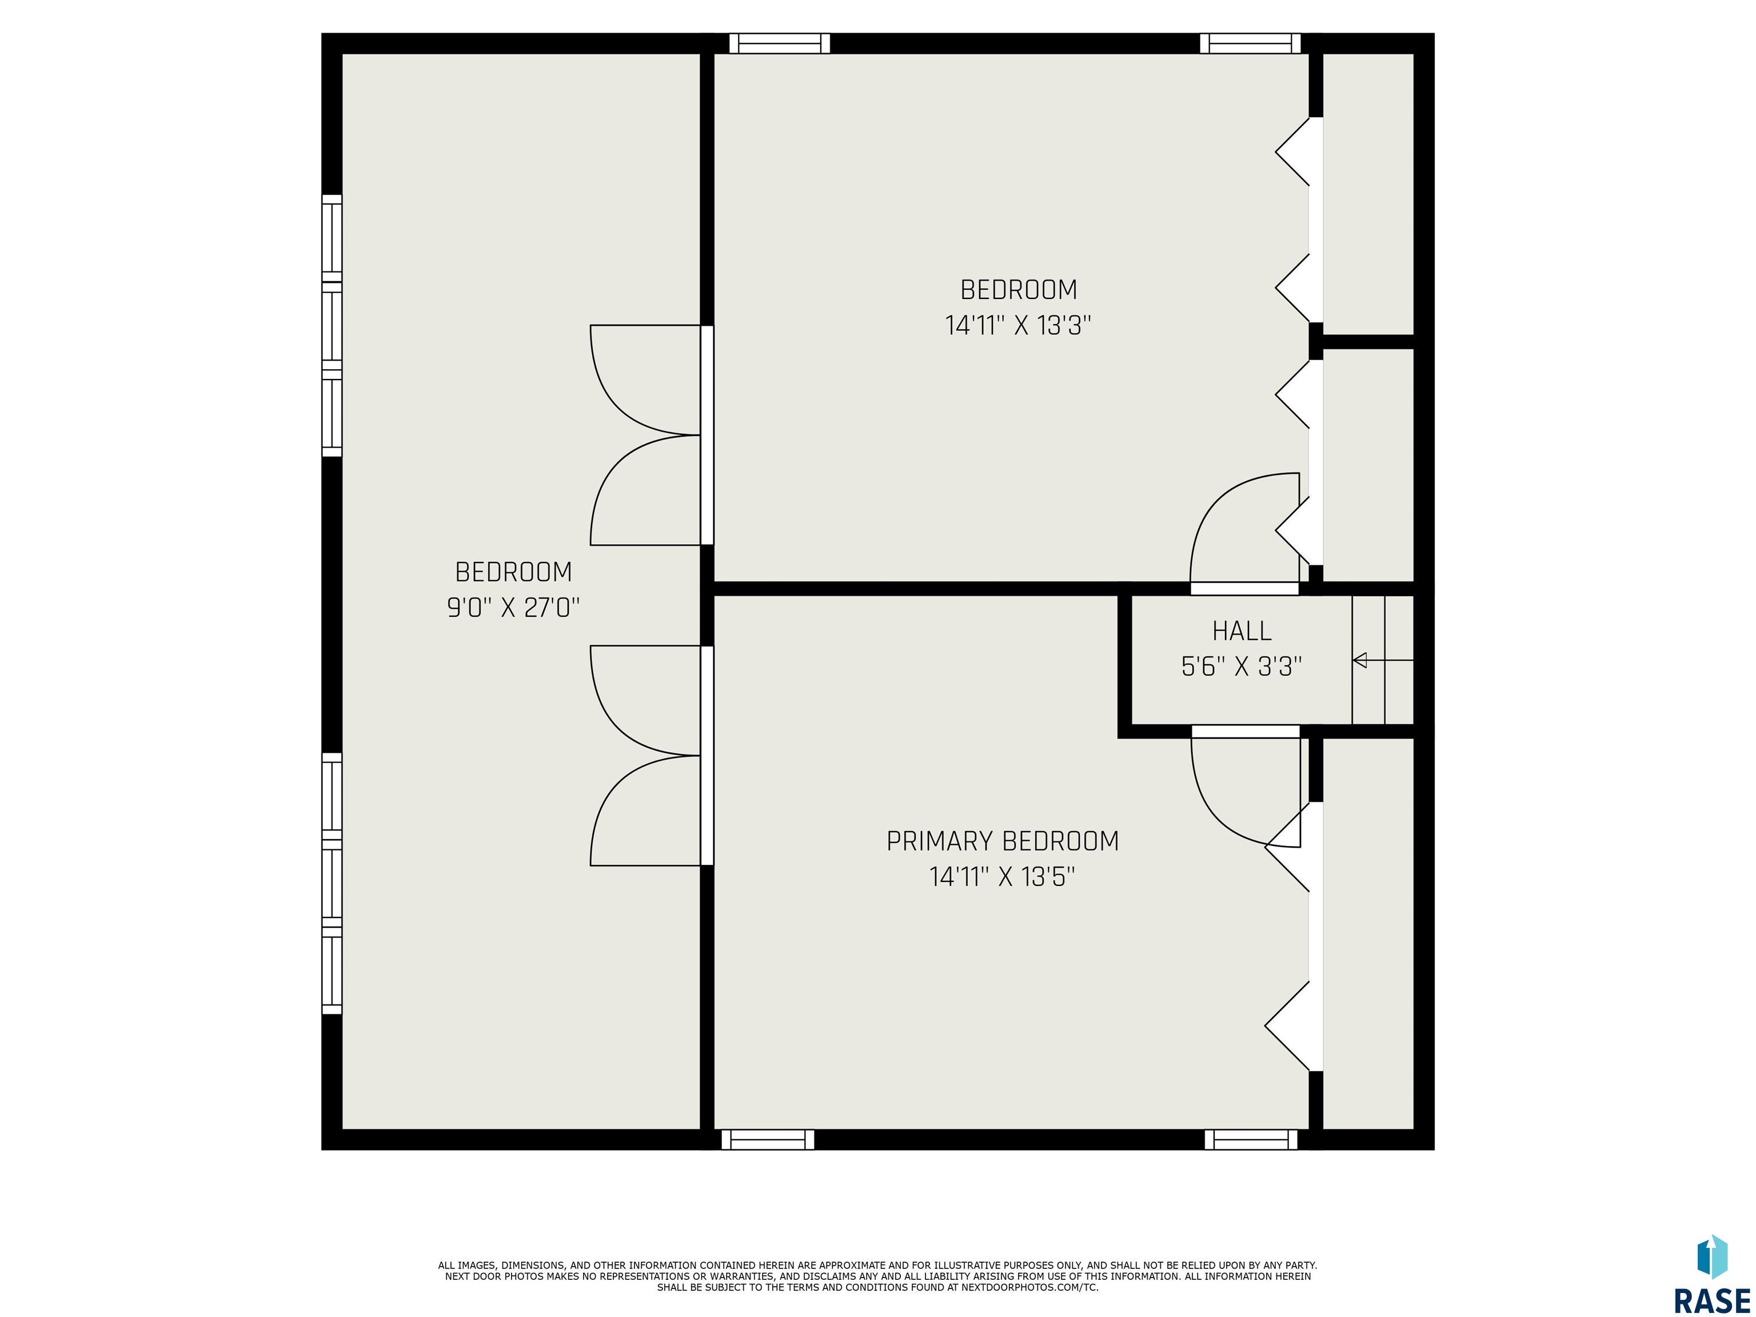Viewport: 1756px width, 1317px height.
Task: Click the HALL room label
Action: (x=1242, y=631)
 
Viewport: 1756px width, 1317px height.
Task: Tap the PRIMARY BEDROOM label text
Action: (x=1003, y=841)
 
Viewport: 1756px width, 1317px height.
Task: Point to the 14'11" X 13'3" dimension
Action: (x=1019, y=325)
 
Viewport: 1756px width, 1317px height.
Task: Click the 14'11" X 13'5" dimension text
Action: (x=1003, y=877)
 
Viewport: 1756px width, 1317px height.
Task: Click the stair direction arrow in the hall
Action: (x=1383, y=660)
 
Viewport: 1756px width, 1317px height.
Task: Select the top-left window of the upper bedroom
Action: (x=780, y=43)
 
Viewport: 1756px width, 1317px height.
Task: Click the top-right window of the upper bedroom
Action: (x=1250, y=43)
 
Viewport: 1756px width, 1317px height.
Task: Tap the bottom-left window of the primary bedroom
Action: (x=768, y=1140)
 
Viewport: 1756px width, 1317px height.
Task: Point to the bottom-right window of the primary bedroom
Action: (x=1251, y=1140)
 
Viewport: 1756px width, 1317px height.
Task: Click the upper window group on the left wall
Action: (x=332, y=325)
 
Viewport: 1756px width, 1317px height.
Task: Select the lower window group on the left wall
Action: (x=332, y=884)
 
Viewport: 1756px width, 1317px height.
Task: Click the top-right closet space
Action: (x=1368, y=194)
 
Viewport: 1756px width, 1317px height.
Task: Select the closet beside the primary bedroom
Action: (x=1368, y=933)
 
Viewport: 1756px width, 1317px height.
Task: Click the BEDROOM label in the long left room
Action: (x=514, y=572)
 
